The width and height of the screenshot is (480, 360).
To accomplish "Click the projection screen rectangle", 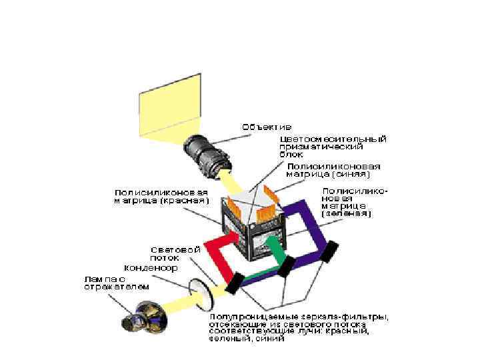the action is pos(169,105).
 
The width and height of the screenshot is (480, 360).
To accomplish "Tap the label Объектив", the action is pos(266,127).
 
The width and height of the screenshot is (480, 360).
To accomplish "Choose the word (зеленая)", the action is pos(347,215).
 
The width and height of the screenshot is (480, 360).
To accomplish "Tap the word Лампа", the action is pos(100,279).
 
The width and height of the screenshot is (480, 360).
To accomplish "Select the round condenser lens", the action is pos(198,291).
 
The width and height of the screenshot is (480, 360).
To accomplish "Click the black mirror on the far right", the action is pos(331,251).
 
